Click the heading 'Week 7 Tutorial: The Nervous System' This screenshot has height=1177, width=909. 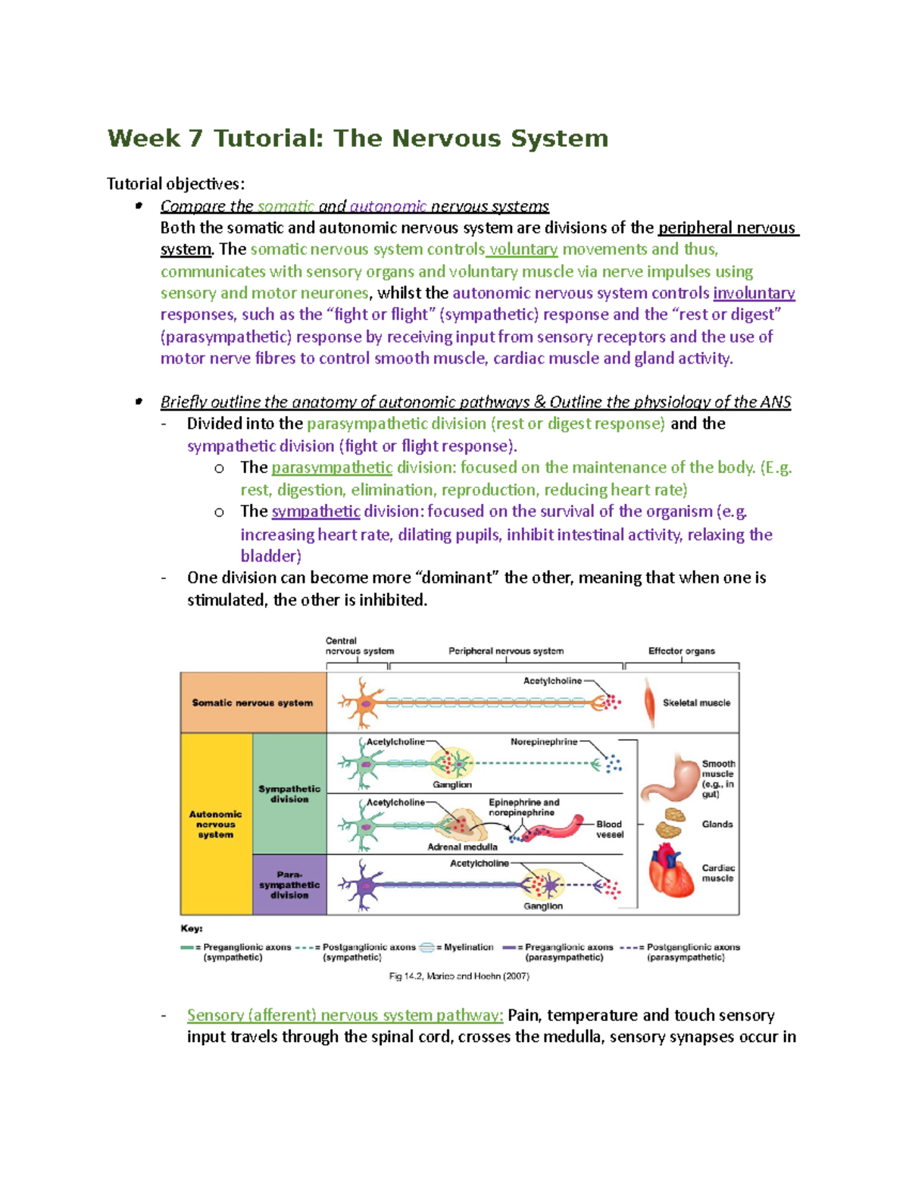(358, 139)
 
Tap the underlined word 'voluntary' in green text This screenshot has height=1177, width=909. (523, 249)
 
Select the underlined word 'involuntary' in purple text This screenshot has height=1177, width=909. (754, 293)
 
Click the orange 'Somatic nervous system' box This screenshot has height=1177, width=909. (252, 703)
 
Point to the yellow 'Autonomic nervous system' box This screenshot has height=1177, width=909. (216, 824)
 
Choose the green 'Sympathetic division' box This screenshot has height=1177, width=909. (289, 794)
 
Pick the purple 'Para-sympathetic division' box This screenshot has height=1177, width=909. (289, 884)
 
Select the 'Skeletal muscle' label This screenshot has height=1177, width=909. (696, 703)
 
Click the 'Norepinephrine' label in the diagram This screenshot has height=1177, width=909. (544, 742)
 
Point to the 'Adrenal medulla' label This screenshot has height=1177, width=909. (462, 847)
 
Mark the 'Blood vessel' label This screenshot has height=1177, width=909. (609, 829)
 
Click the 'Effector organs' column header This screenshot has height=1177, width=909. (681, 651)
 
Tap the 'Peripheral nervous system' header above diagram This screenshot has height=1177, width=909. (506, 651)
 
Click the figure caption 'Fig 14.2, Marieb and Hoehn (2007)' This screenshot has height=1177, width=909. (459, 976)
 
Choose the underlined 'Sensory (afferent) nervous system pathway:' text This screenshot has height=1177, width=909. (345, 1015)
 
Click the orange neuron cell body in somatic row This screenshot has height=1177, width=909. (365, 703)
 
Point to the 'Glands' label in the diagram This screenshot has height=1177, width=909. (717, 824)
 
